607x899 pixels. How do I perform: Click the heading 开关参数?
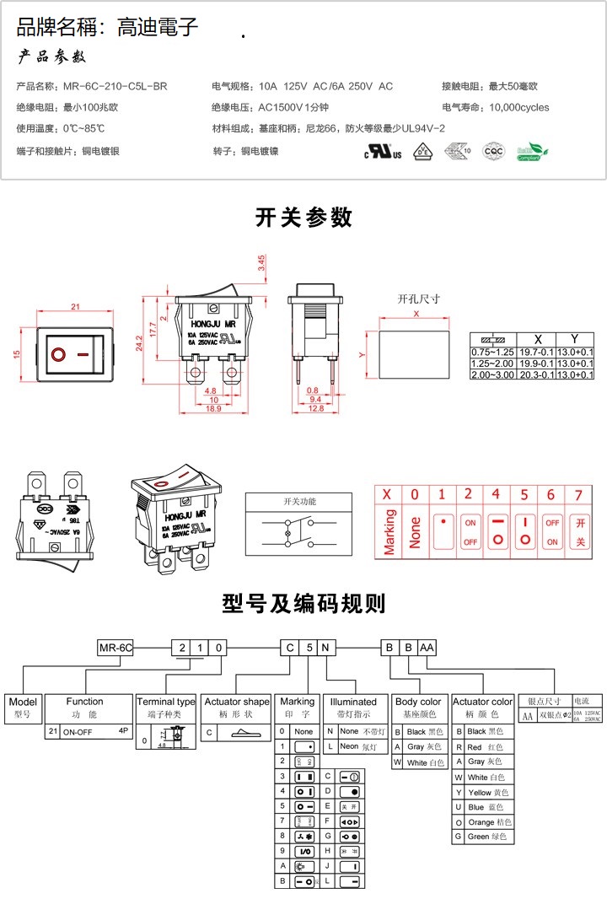[x=303, y=218]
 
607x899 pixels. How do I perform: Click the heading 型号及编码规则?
[x=303, y=604]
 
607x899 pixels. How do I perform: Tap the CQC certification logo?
[x=492, y=151]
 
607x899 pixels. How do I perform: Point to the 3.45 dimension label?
[x=261, y=263]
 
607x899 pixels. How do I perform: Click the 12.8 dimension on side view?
[x=316, y=409]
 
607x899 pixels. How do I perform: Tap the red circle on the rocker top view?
[x=58, y=354]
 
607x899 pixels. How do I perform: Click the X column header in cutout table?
[x=538, y=339]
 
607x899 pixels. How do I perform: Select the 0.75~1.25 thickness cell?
[x=492, y=352]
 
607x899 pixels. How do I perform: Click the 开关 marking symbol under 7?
[x=579, y=533]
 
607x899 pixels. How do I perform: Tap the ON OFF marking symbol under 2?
[x=470, y=533]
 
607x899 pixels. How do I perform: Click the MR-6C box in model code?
[x=116, y=648]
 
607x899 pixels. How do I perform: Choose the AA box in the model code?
[x=427, y=648]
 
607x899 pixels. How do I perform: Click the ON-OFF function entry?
[x=81, y=732]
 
